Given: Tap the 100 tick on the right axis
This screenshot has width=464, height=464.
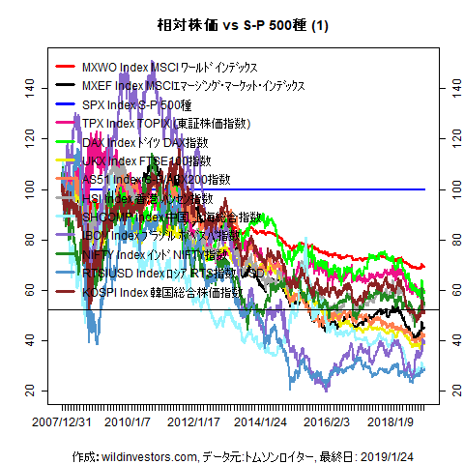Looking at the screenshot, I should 448,188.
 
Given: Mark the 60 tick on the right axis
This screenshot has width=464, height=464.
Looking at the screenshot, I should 448,290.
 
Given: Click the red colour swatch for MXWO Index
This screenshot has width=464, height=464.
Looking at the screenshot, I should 66,67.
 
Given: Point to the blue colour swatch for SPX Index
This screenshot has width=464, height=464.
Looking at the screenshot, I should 66,104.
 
